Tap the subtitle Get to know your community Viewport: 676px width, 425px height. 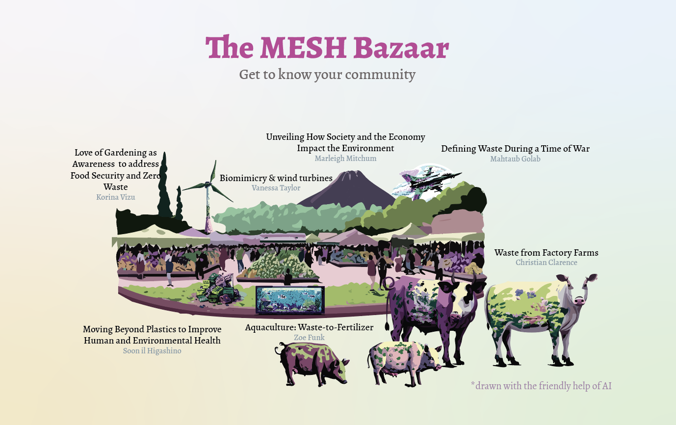pyautogui.click(x=327, y=75)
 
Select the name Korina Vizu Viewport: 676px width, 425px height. pyautogui.click(x=116, y=197)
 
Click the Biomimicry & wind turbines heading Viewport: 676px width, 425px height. pyautogui.click(x=276, y=178)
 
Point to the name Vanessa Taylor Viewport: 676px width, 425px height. pyautogui.click(x=276, y=188)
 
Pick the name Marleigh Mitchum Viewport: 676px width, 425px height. pyautogui.click(x=345, y=159)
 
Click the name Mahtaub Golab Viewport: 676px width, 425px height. pyautogui.click(x=515, y=159)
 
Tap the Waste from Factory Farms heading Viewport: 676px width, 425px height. pyautogui.click(x=546, y=253)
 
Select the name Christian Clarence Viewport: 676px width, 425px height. pyautogui.click(x=546, y=263)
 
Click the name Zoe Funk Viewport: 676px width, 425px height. pyautogui.click(x=309, y=338)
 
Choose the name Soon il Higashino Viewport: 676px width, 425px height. pyautogui.click(x=152, y=351)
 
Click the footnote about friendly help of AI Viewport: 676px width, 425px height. pyautogui.click(x=541, y=386)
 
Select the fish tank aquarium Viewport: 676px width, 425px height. pyautogui.click(x=290, y=300)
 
